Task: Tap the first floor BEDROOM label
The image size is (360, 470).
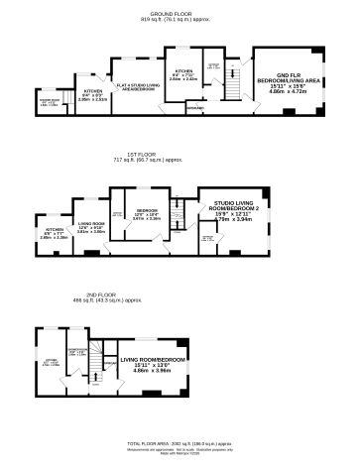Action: [x=146, y=211]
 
